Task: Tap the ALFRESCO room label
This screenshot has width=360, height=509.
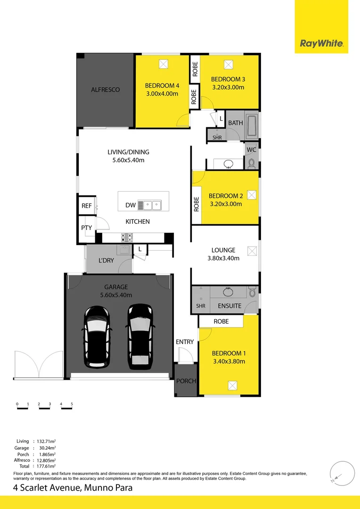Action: [105, 89]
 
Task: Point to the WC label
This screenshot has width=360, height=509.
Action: [251, 150]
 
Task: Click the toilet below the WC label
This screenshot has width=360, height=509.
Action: [251, 163]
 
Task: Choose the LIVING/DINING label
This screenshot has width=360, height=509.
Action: [128, 152]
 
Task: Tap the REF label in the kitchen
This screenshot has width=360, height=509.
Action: [87, 205]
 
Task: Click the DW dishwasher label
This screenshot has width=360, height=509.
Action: [131, 205]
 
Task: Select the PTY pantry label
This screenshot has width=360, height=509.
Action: [87, 228]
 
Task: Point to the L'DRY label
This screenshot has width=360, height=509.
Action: [106, 260]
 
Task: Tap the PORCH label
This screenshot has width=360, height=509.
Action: [186, 381]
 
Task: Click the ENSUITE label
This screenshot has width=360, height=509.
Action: [229, 306]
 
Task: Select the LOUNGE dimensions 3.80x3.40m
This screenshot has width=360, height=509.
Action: [223, 258]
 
